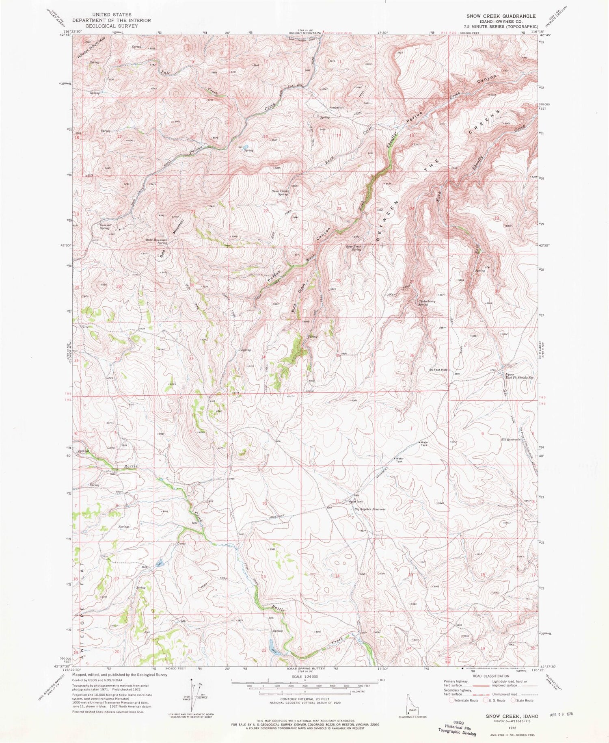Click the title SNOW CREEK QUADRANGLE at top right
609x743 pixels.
501,16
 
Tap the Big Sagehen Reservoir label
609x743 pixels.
369,509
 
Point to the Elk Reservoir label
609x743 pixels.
511,440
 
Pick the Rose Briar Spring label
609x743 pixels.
354,248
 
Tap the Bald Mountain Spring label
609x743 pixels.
157,241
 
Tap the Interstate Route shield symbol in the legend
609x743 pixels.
452,700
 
